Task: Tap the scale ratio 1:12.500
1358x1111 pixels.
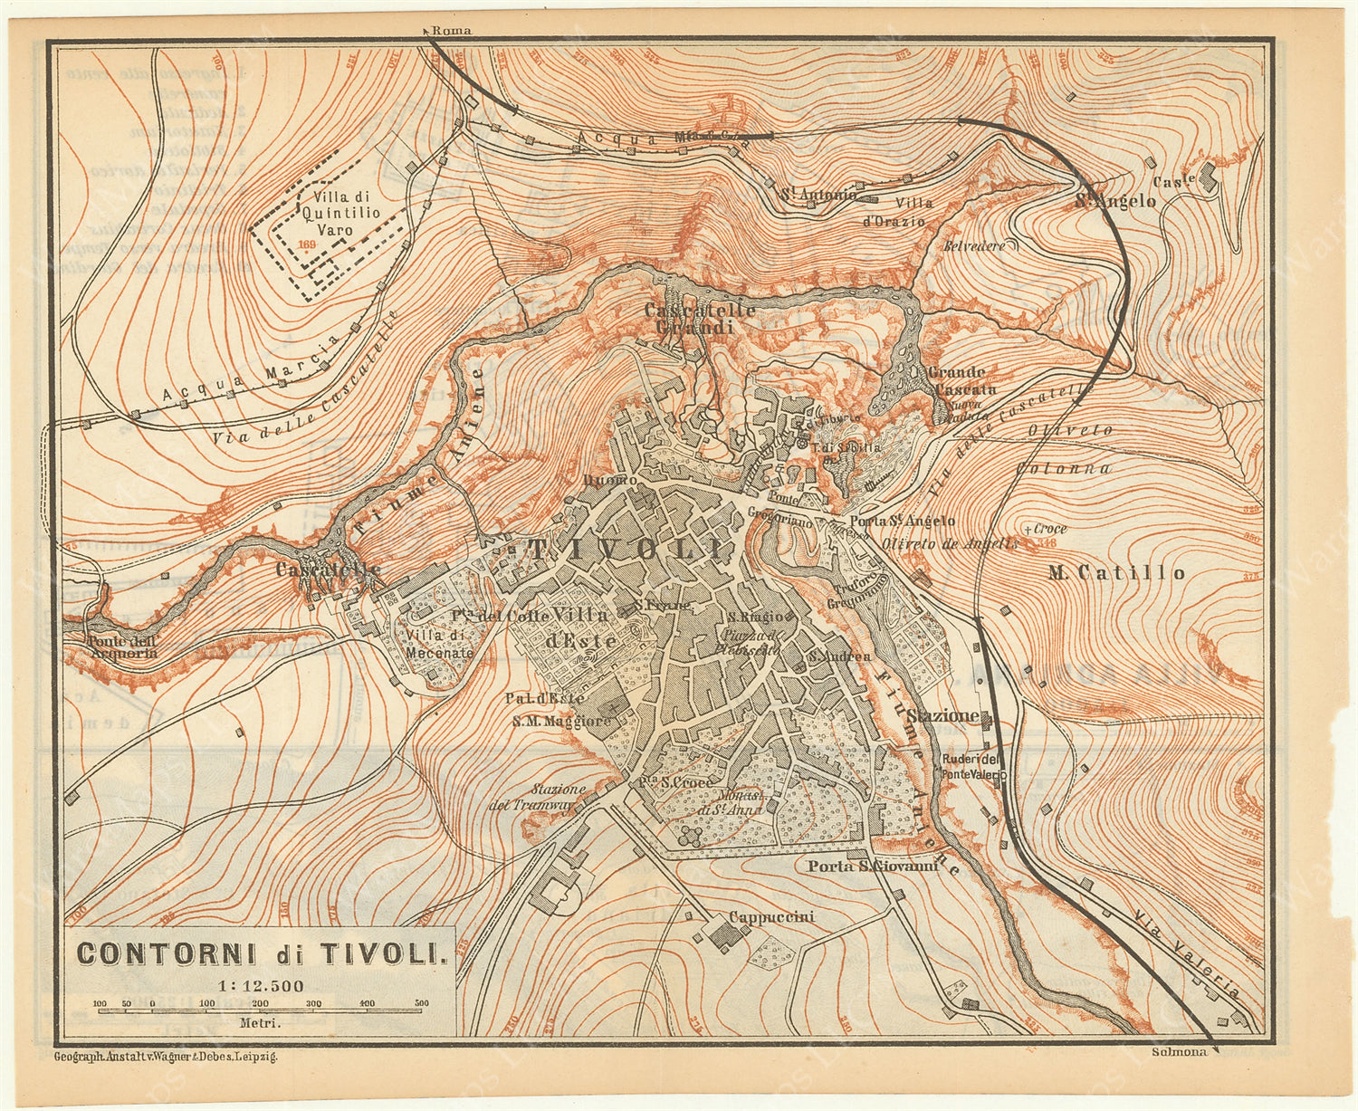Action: pos(260,986)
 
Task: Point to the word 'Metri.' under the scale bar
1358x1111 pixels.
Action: pos(260,1023)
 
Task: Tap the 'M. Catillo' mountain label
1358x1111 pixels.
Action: pos(1115,572)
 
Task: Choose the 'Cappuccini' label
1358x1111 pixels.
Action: pos(771,917)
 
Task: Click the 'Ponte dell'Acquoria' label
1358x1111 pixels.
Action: pos(110,646)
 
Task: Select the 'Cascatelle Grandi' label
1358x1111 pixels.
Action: pos(699,318)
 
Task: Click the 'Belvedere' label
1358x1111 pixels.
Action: pos(974,246)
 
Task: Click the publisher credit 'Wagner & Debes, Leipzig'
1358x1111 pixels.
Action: pos(166,1057)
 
